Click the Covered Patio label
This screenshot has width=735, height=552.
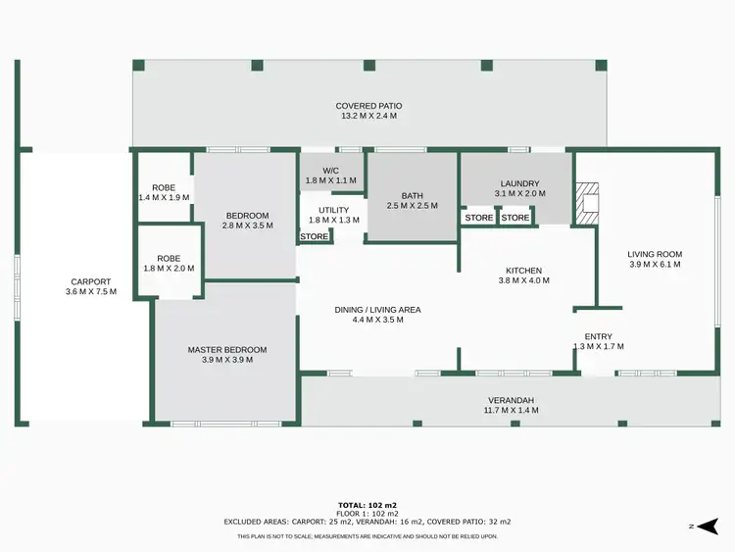(x=368, y=106)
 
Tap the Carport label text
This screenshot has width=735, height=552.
(x=90, y=281)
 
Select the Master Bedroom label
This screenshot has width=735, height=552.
(x=227, y=349)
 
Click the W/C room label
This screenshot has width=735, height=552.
(x=331, y=170)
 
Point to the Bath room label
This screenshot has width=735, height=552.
(x=412, y=195)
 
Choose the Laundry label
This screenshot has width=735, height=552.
(x=519, y=183)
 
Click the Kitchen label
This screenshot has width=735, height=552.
(x=523, y=271)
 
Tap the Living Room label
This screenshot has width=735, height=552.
(x=655, y=254)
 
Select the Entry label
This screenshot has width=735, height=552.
(x=598, y=336)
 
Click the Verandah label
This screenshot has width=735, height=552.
(x=512, y=400)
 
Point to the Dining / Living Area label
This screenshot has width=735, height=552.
(x=377, y=309)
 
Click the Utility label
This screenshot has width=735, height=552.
(x=334, y=210)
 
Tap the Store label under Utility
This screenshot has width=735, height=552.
(x=315, y=236)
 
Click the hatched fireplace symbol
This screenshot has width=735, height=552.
(x=586, y=204)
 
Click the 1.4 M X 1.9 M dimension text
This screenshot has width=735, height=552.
(x=164, y=198)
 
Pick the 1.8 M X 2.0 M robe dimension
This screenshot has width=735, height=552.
(x=169, y=269)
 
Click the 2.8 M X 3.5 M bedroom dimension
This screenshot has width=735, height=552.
(x=247, y=226)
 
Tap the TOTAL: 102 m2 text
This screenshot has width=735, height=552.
(x=367, y=505)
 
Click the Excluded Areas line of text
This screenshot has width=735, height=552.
(x=367, y=522)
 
